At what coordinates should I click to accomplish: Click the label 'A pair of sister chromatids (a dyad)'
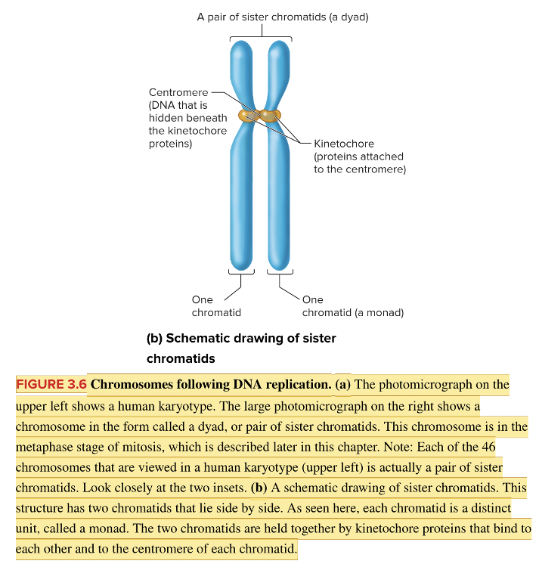[x=282, y=15]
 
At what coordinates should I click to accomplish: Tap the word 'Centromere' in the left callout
[x=177, y=92]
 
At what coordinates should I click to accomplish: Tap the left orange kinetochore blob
[x=248, y=116]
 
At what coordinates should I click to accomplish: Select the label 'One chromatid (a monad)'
[x=353, y=306]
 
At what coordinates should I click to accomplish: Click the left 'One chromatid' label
[x=216, y=306]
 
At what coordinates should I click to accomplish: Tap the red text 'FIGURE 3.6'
[x=51, y=384]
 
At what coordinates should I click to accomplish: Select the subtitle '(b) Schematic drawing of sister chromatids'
[x=240, y=348]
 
